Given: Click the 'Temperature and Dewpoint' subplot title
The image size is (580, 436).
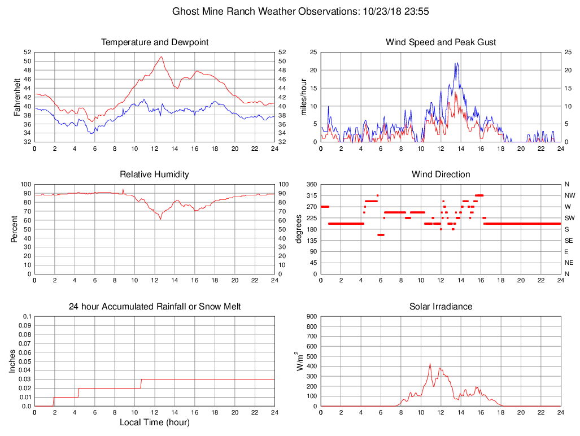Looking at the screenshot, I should (x=155, y=42).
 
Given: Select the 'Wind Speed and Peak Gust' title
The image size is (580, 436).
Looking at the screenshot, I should (x=441, y=42).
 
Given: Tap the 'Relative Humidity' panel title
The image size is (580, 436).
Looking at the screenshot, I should (x=155, y=175).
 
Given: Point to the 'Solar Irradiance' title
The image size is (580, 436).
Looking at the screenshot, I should (x=441, y=307).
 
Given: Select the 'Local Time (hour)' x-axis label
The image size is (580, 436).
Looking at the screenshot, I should (x=155, y=422).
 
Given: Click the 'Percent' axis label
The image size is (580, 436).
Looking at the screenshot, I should (x=16, y=229).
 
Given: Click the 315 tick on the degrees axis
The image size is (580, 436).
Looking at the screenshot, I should (x=310, y=195).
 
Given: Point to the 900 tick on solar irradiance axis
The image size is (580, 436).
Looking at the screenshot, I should (x=310, y=316).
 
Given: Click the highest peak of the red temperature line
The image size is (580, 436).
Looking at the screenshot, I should (x=162, y=56).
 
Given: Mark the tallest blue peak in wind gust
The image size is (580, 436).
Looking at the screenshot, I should (x=456, y=63).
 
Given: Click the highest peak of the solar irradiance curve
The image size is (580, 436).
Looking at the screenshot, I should (x=430, y=364).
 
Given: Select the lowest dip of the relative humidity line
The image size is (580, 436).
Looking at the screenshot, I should (x=161, y=219).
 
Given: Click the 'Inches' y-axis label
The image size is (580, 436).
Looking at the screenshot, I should (x=12, y=361).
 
